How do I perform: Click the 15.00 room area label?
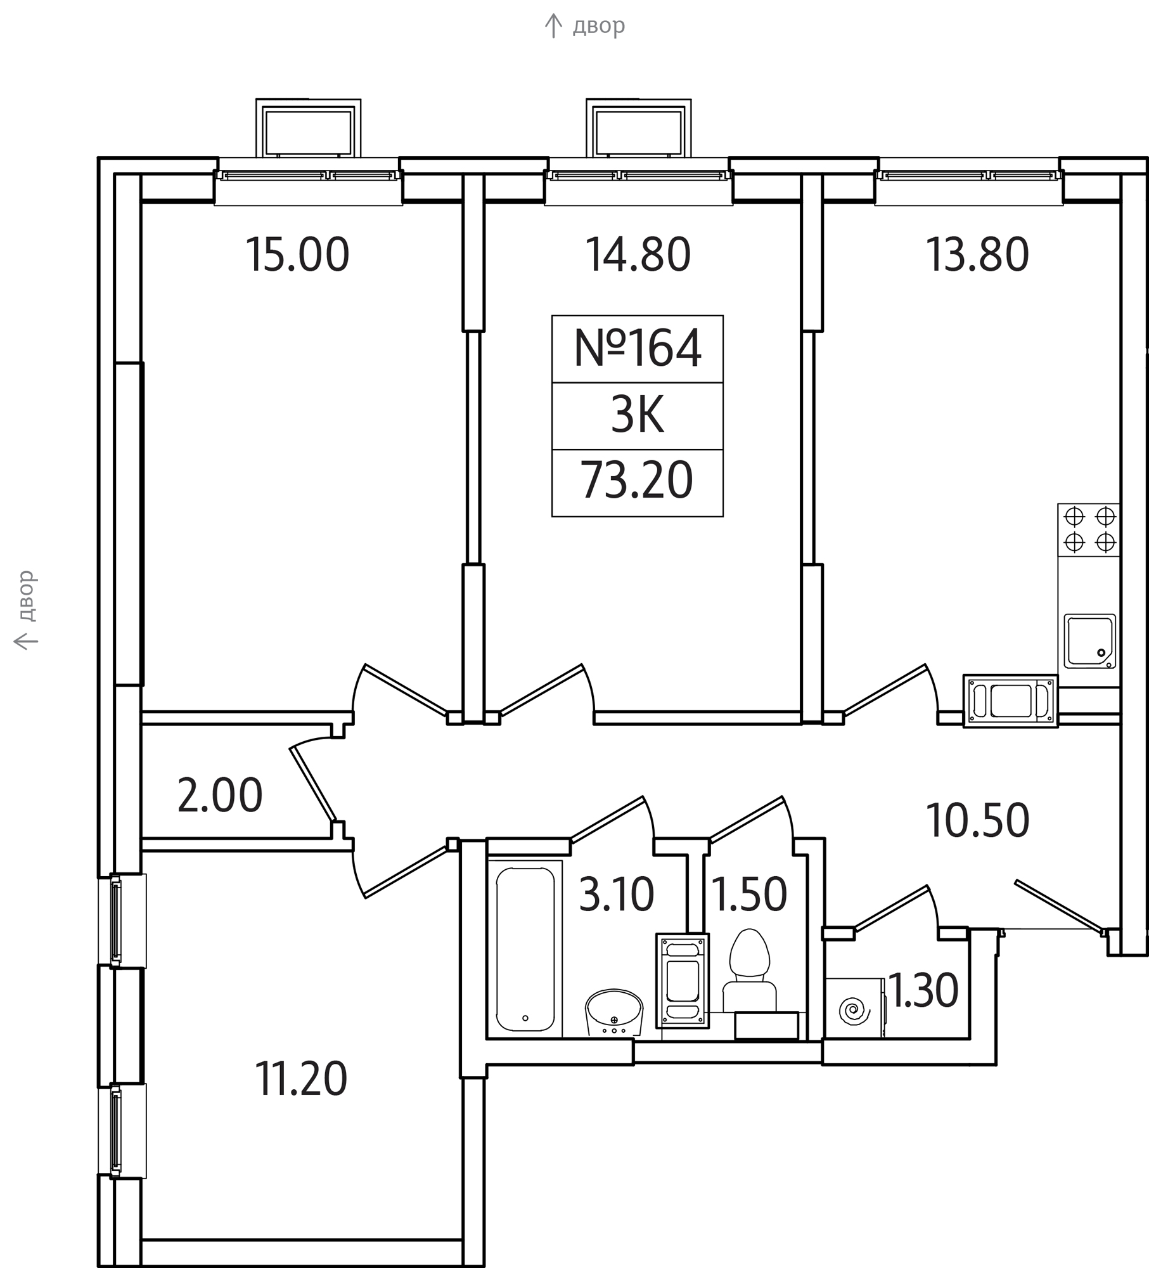click(x=297, y=255)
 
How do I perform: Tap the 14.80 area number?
click(x=638, y=255)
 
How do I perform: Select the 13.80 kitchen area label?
click(x=977, y=255)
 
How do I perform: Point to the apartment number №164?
click(x=638, y=348)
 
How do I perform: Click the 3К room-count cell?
click(x=638, y=415)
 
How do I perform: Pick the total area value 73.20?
click(x=637, y=481)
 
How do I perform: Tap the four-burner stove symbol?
click(x=1089, y=530)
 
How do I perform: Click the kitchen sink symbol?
click(x=1089, y=641)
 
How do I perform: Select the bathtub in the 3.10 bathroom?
click(x=525, y=948)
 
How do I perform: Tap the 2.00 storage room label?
click(x=220, y=796)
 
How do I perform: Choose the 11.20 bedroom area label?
click(x=301, y=1080)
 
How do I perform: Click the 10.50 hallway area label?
click(x=977, y=820)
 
